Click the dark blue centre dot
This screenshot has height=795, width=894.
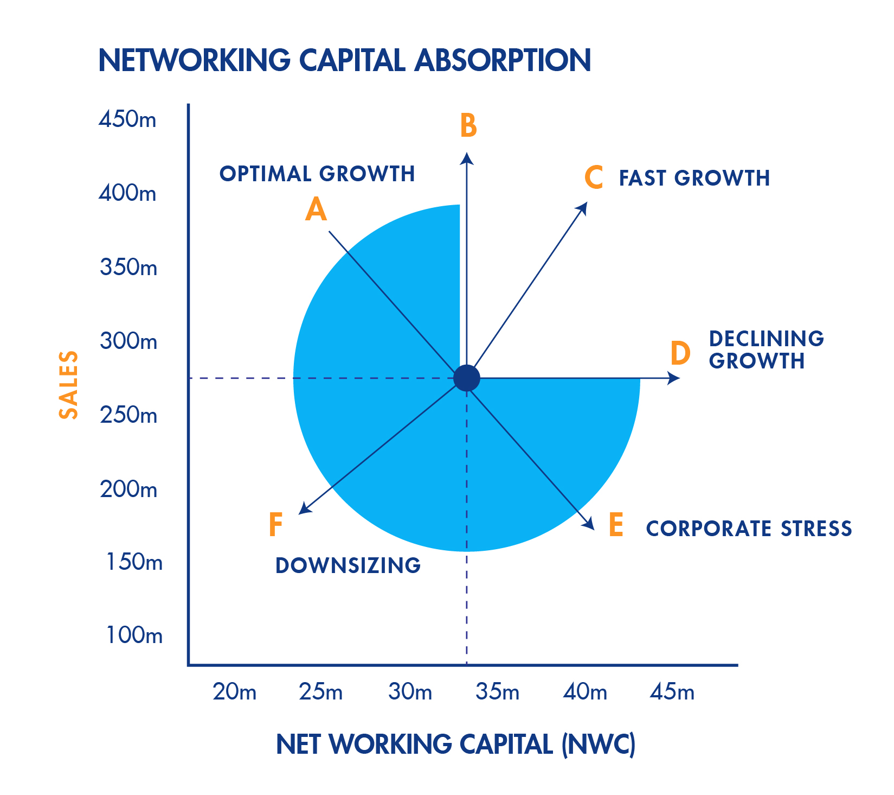tap(467, 378)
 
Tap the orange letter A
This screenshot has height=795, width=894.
tap(316, 209)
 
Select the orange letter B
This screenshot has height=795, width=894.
tap(468, 125)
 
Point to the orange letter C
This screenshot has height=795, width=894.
tap(594, 177)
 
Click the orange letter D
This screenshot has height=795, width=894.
tap(680, 353)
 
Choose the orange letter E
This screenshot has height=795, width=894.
tap(616, 525)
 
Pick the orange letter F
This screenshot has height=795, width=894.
tap(276, 525)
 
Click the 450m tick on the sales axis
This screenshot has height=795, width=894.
tap(127, 119)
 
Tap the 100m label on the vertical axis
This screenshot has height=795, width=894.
tap(134, 635)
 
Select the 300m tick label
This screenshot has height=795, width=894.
tap(128, 341)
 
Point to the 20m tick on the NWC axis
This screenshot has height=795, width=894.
tap(234, 692)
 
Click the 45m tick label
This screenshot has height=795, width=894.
tap(672, 692)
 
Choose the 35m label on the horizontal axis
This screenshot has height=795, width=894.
tap(497, 692)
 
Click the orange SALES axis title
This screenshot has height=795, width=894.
tap(69, 385)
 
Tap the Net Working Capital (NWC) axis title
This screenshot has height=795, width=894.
tap(455, 744)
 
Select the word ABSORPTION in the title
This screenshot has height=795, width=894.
tap(503, 60)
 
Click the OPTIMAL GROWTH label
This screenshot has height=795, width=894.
tap(317, 174)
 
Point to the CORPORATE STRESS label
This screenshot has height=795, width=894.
tap(749, 529)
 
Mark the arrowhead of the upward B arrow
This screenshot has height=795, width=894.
tap(467, 157)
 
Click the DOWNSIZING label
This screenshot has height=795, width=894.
tap(348, 565)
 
